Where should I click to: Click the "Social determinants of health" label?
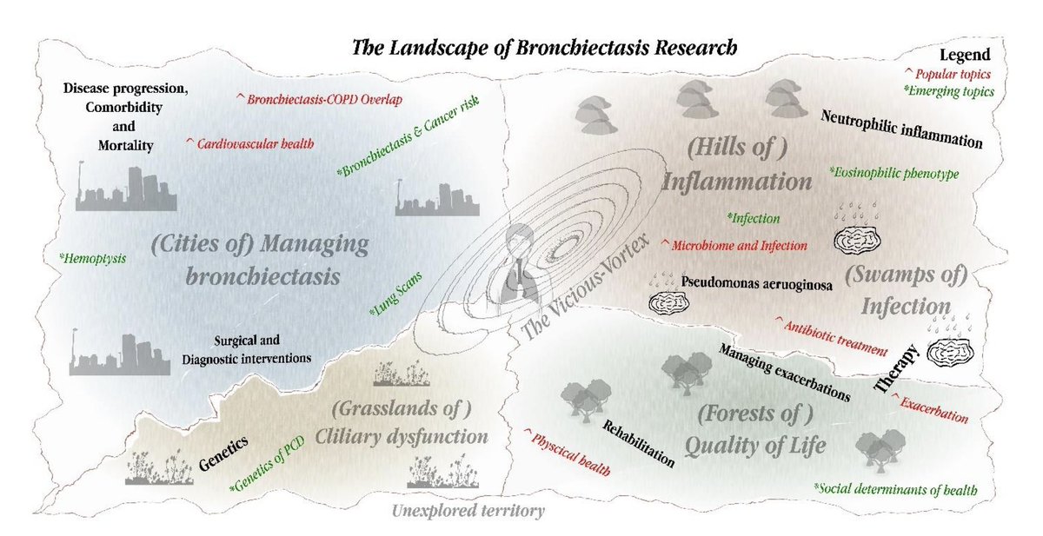(896, 490)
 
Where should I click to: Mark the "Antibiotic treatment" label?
(831, 337)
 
